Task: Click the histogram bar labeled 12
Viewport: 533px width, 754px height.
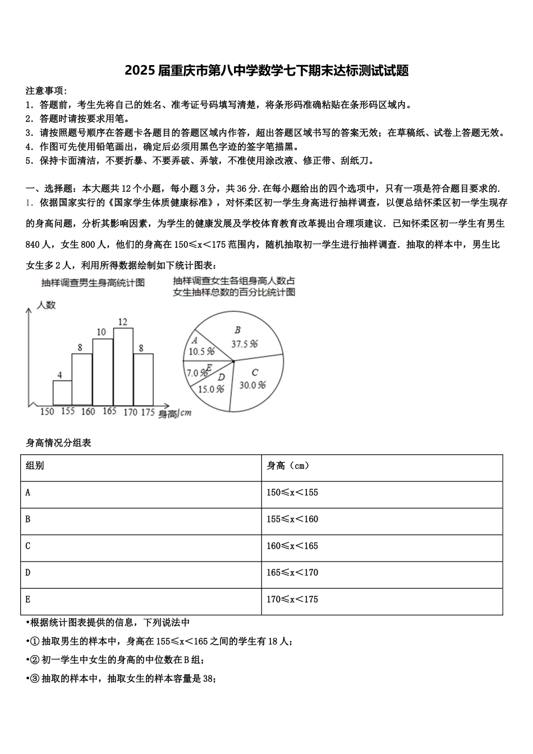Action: (x=123, y=366)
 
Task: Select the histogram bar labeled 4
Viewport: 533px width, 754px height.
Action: (x=62, y=393)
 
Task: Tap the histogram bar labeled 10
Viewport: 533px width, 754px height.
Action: (x=103, y=371)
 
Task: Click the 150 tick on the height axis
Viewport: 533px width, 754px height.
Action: (x=47, y=412)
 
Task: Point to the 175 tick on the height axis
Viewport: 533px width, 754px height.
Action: (x=147, y=412)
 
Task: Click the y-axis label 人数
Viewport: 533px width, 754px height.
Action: (x=46, y=305)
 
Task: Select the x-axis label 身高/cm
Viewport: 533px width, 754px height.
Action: (x=174, y=413)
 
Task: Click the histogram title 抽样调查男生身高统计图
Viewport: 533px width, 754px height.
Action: (x=93, y=283)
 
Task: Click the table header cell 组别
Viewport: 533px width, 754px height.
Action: (x=35, y=466)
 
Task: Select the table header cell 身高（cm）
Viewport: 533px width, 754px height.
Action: (x=288, y=466)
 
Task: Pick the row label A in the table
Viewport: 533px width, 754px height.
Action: (x=28, y=493)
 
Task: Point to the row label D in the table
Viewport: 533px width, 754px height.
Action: (x=28, y=573)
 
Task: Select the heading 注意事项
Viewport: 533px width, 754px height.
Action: (x=47, y=91)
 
